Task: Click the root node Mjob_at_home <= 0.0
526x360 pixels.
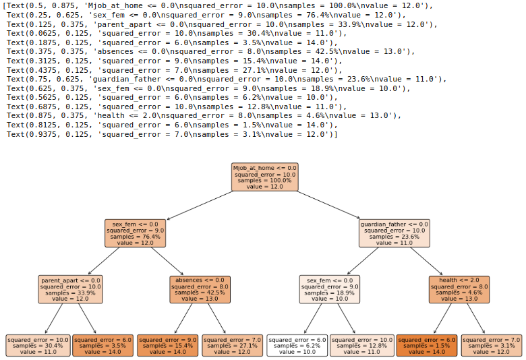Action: pyautogui.click(x=264, y=176)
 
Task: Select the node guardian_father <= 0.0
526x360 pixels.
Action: pyautogui.click(x=394, y=233)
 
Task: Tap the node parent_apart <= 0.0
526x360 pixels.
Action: pyautogui.click(x=70, y=289)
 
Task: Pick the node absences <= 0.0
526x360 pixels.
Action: pyautogui.click(x=200, y=289)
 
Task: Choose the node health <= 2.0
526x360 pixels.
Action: pyautogui.click(x=459, y=289)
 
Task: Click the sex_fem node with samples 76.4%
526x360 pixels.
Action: pyautogui.click(x=135, y=233)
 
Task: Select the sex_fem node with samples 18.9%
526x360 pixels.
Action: pyautogui.click(x=330, y=289)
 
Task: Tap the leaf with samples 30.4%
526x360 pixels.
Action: pyautogui.click(x=38, y=345)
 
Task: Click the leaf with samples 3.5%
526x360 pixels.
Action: pyautogui.click(x=103, y=345)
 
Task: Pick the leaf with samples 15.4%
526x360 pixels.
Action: pyautogui.click(x=167, y=345)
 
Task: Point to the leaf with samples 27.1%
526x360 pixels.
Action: pyautogui.click(x=233, y=345)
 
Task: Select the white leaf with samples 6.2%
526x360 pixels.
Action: pyautogui.click(x=297, y=345)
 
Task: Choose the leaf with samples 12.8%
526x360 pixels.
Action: pyautogui.click(x=362, y=345)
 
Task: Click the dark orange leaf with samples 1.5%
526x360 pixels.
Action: pyautogui.click(x=427, y=345)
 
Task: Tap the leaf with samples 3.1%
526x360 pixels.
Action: pyautogui.click(x=492, y=345)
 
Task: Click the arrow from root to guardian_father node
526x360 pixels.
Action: pyautogui.click(x=329, y=204)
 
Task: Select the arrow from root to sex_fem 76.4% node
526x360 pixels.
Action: pyautogui.click(x=200, y=204)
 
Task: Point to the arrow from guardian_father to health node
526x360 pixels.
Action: pyautogui.click(x=427, y=261)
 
